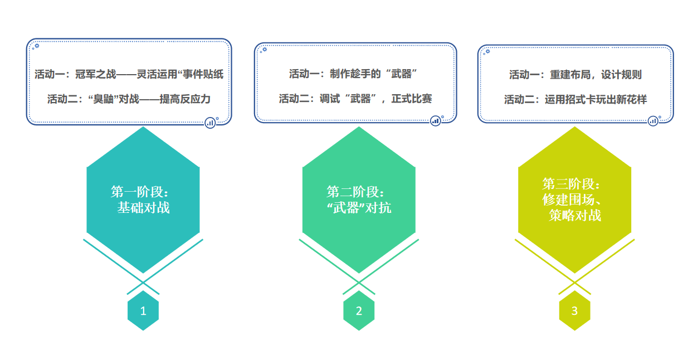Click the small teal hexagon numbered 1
point(143,310)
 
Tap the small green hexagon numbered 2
point(359,310)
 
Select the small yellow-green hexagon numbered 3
point(574,310)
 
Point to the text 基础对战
point(143,208)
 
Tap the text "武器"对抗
point(359,208)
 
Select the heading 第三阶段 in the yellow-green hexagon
point(571,184)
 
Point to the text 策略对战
point(575,216)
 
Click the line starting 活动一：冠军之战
point(129,74)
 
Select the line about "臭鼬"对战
point(129,99)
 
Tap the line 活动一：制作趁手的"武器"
point(353,74)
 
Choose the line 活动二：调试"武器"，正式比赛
point(355,99)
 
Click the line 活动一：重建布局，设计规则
point(575,75)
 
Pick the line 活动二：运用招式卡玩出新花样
point(575,99)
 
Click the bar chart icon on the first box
point(211,123)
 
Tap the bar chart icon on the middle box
point(436,121)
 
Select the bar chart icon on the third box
point(653,121)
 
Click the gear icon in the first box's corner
point(37,46)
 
